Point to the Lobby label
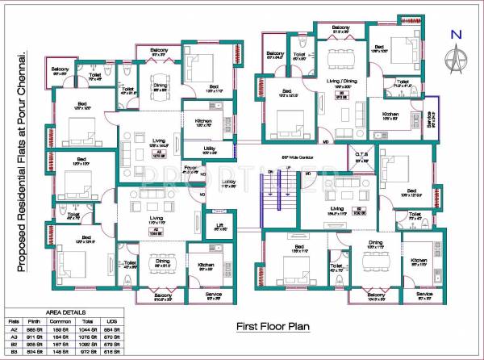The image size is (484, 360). [x=228, y=182]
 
